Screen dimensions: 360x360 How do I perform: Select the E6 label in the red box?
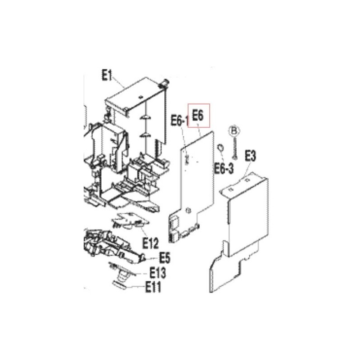[x=198, y=115]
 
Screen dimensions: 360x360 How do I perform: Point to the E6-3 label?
[x=224, y=168]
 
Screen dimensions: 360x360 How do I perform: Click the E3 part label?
[x=250, y=156]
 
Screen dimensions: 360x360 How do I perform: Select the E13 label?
[x=157, y=273]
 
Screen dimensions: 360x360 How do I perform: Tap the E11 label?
[x=153, y=287]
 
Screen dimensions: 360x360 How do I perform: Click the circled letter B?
[x=234, y=131]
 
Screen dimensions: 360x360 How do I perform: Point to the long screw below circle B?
[x=234, y=147]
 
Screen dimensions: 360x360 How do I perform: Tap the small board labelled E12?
[x=130, y=221]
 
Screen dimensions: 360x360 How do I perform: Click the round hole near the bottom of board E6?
[x=188, y=210]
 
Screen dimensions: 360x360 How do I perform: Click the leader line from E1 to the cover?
[x=118, y=82]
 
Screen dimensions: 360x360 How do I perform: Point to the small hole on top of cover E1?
[x=141, y=97]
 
